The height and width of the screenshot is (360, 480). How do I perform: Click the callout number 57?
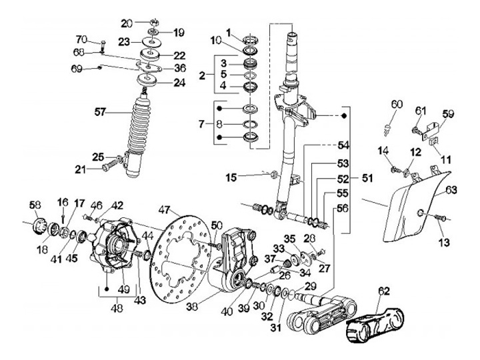pyautogui.click(x=100, y=113)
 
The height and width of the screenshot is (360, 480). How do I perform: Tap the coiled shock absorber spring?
pyautogui.click(x=139, y=124)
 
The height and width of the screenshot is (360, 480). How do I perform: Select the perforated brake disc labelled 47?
pyautogui.click(x=181, y=259)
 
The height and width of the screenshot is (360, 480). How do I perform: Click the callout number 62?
pyautogui.click(x=384, y=291)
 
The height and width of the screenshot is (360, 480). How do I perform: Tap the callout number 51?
pyautogui.click(x=367, y=178)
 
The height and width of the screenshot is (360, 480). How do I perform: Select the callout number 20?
pyautogui.click(x=127, y=23)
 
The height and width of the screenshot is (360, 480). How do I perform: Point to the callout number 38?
pyautogui.click(x=192, y=307)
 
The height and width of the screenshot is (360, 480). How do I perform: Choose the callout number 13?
pyautogui.click(x=444, y=243)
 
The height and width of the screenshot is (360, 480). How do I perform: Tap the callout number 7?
pyautogui.click(x=201, y=124)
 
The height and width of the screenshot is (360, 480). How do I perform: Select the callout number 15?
pyautogui.click(x=231, y=177)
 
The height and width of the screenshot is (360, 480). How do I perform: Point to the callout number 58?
pyautogui.click(x=35, y=205)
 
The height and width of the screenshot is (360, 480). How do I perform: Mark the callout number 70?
pyautogui.click(x=81, y=39)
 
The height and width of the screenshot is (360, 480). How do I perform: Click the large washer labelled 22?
pyautogui.click(x=150, y=55)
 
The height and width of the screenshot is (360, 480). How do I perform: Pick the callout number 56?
pyautogui.click(x=343, y=209)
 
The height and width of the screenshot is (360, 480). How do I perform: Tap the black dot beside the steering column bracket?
pyautogui.click(x=344, y=116)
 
